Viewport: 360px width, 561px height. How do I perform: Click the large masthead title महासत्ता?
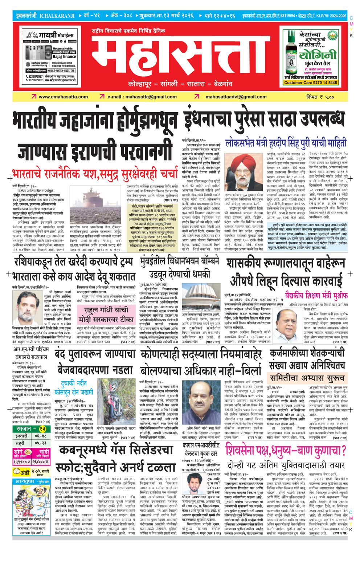tap(180, 58)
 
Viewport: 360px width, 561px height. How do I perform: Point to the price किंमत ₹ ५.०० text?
tap(319, 97)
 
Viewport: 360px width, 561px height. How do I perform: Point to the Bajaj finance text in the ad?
tap(64, 57)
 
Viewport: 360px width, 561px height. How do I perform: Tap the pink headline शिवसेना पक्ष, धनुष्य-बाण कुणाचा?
tap(286, 451)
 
